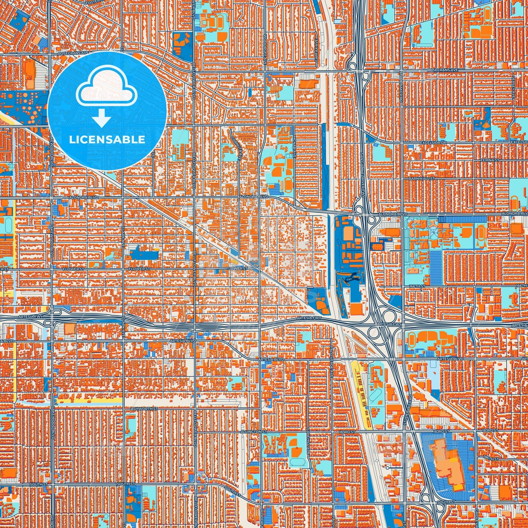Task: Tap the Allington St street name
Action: click(x=254, y=432)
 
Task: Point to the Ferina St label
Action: click(x=490, y=160)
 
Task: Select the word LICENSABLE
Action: click(x=107, y=140)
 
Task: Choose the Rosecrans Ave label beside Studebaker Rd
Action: click(x=442, y=69)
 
